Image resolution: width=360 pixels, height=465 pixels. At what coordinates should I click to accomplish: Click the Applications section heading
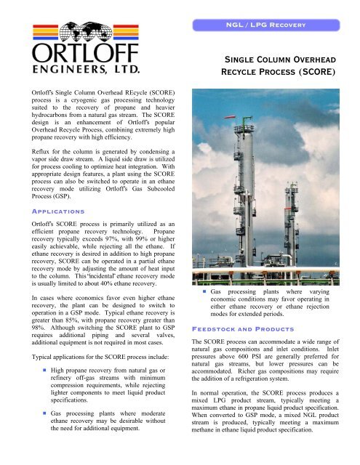coord(42,207)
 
